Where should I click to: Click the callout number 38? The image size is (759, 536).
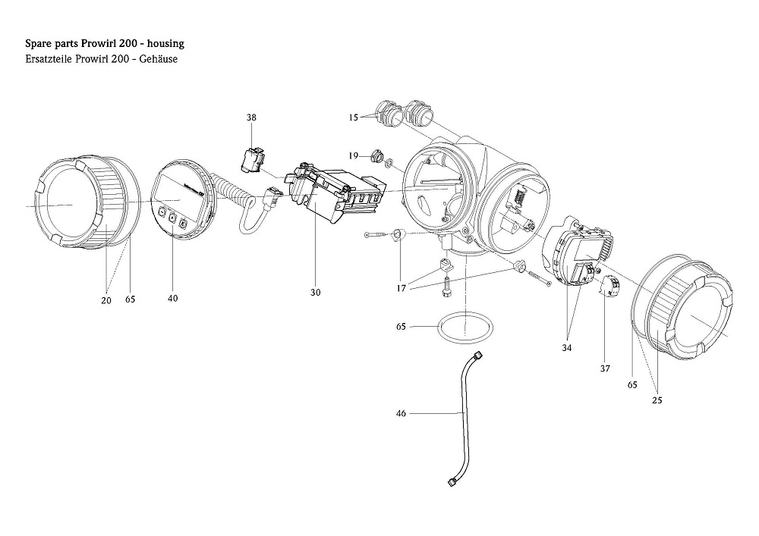click(251, 118)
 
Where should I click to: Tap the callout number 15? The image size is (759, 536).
click(353, 118)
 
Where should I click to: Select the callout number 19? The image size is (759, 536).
click(354, 155)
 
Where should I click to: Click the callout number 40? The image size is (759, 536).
click(173, 298)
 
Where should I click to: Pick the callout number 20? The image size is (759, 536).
click(106, 300)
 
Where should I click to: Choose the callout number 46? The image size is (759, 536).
click(402, 413)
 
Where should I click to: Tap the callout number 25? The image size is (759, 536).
click(657, 400)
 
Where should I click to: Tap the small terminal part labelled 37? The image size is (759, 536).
click(611, 287)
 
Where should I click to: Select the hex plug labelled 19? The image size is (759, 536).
click(374, 157)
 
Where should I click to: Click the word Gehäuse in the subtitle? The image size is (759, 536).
click(159, 59)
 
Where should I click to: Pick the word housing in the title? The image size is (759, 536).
click(163, 44)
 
